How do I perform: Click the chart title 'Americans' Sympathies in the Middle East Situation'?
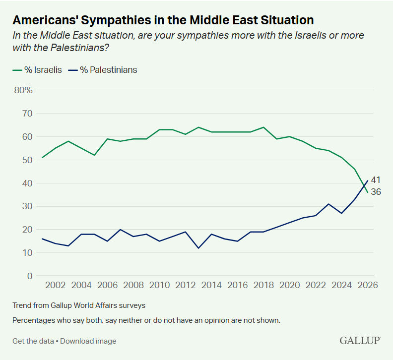(x=163, y=20)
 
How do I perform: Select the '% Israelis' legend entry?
(x=37, y=70)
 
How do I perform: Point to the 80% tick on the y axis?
(x=23, y=90)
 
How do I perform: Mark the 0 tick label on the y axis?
(x=30, y=276)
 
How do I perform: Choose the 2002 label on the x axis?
(x=56, y=286)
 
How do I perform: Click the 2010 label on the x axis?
(x=159, y=286)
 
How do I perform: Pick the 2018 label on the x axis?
(x=263, y=286)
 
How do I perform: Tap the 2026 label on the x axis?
(x=368, y=286)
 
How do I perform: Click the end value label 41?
(x=376, y=180)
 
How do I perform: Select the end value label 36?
(x=376, y=192)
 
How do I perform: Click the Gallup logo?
(x=360, y=341)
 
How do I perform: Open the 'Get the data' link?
(x=33, y=341)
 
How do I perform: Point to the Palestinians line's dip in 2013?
(x=198, y=248)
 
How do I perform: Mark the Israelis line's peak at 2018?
(x=263, y=127)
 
